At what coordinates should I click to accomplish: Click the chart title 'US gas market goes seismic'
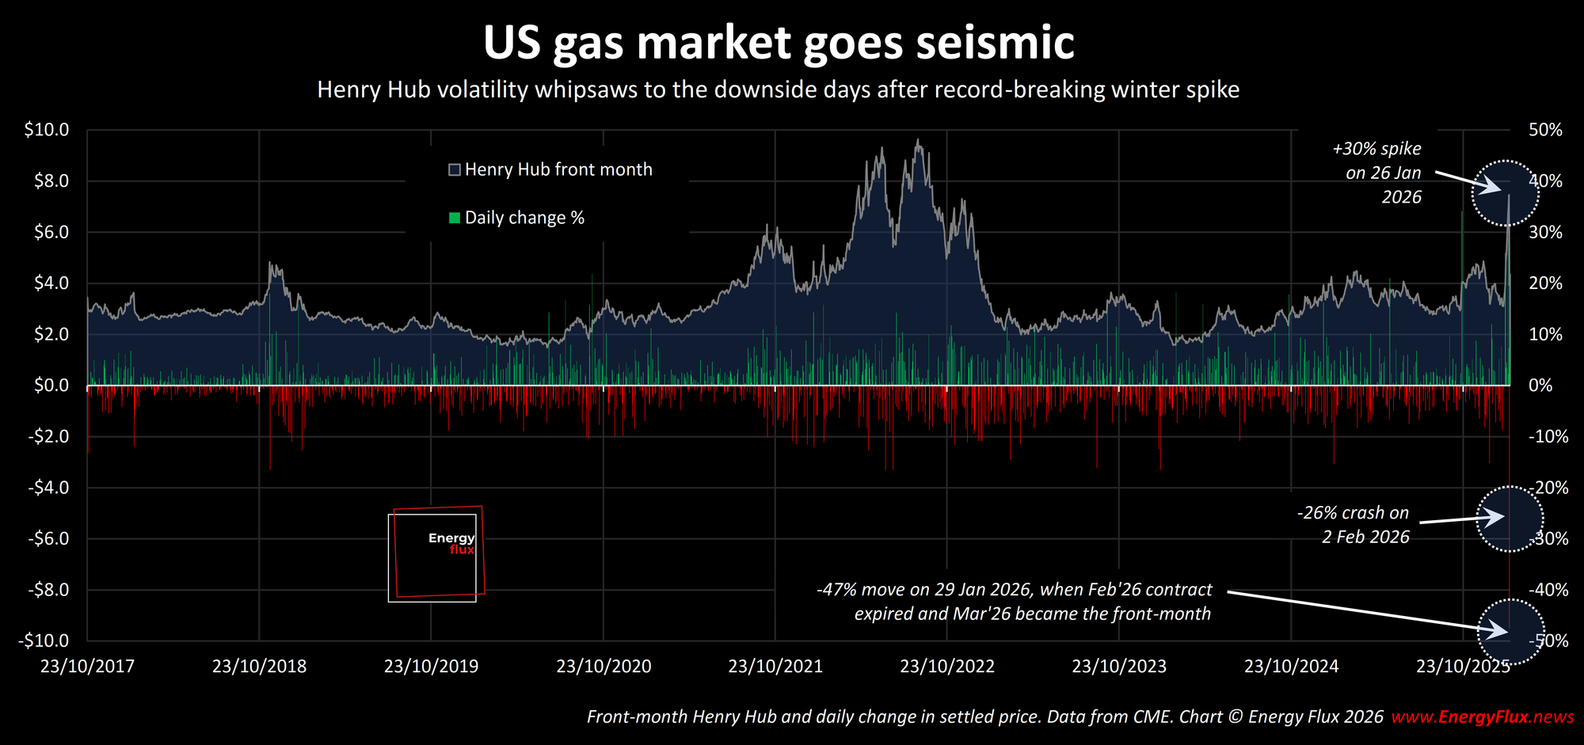coord(779,43)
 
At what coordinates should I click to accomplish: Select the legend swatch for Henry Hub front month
coord(455,169)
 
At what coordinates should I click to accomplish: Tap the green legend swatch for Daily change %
coord(455,218)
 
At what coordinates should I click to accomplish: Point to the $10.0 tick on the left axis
coord(47,130)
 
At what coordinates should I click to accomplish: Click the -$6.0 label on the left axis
coord(47,538)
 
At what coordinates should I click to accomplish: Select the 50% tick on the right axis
coord(1545,130)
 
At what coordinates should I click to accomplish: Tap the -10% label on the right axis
coord(1548,436)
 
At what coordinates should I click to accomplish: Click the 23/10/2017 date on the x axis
coord(87,666)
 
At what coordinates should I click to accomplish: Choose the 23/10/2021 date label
coord(775,666)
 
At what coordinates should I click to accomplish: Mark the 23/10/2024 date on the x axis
coord(1291,666)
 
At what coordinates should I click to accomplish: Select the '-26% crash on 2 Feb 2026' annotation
coord(1354,525)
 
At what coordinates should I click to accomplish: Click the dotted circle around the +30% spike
coord(1505,193)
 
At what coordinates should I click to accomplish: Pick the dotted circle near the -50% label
coord(1511,631)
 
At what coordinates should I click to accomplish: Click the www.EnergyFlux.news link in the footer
coord(1483,717)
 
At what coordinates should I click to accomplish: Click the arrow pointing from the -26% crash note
coord(1460,519)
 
